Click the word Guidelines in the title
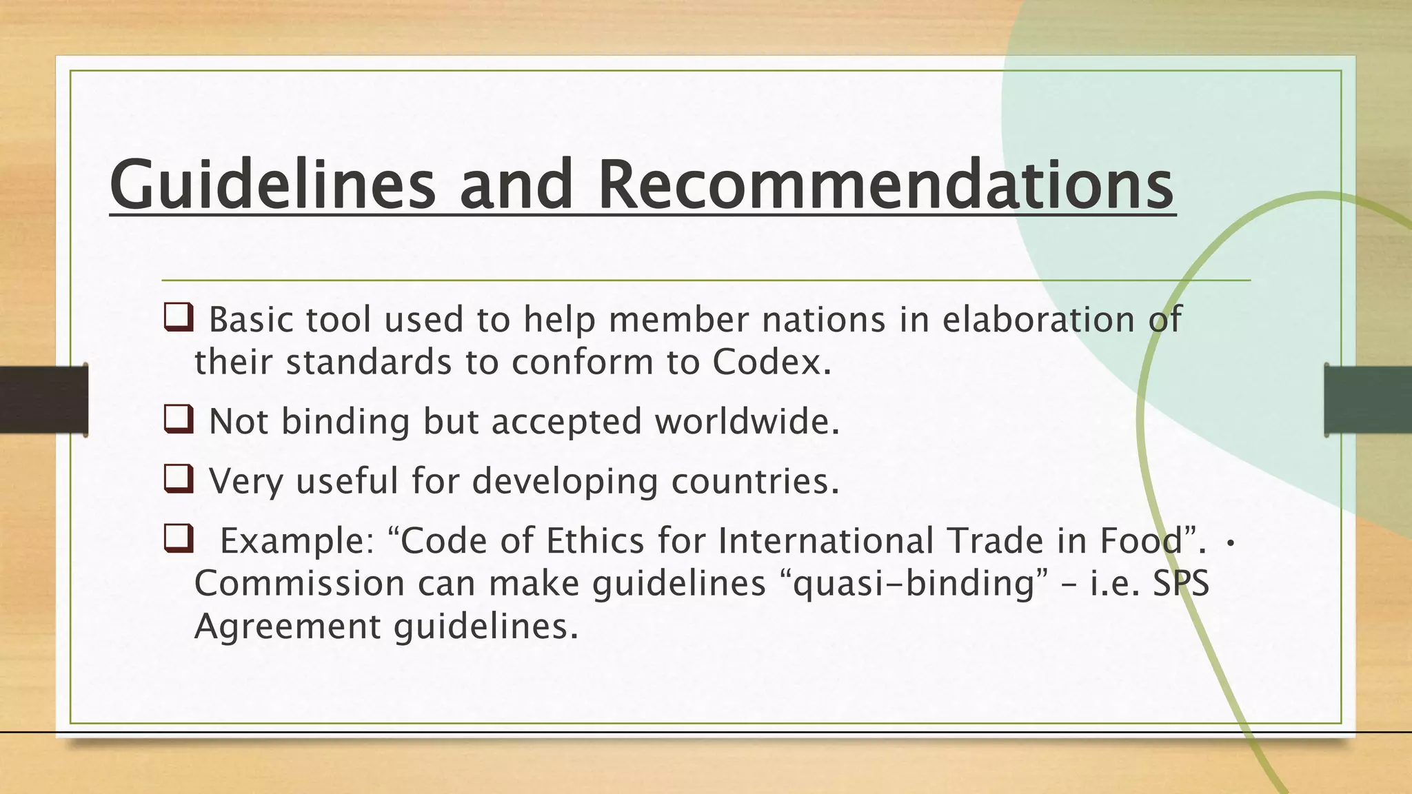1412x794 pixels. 272,185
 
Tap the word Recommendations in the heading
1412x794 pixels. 886,185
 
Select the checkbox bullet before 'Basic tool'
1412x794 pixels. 178,318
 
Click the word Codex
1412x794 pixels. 771,362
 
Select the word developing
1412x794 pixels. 565,480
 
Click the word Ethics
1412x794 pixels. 594,540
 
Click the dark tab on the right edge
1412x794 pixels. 1368,400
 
